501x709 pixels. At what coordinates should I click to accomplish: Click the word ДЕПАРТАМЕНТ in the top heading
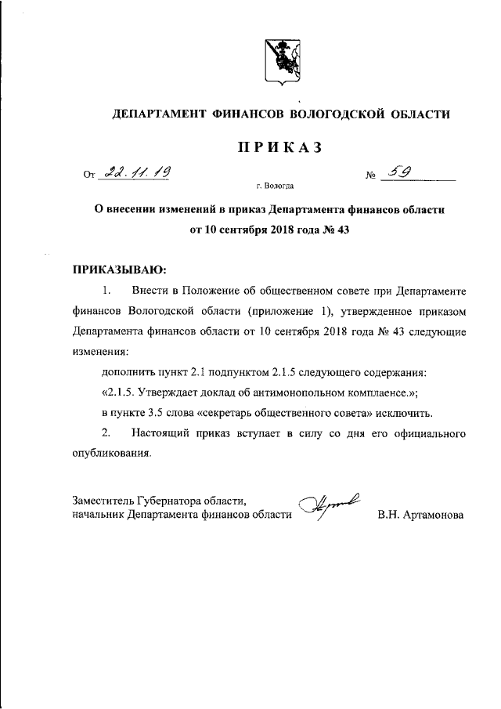pyautogui.click(x=160, y=114)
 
